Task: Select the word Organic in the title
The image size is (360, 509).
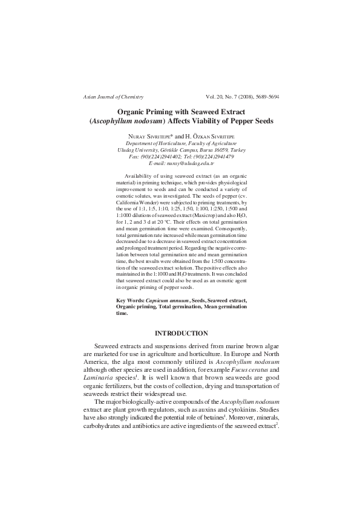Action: pos(117,111)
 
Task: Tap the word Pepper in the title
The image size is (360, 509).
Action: pos(241,121)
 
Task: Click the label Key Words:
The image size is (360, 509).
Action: pos(130,300)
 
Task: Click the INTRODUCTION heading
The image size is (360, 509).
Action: pos(182,334)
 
